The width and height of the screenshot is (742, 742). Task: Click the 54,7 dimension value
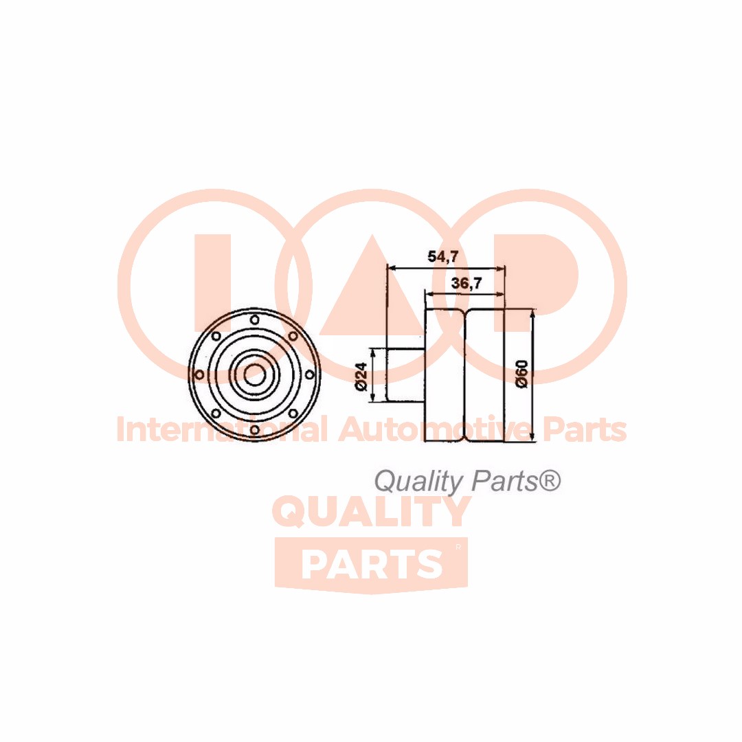coord(443,256)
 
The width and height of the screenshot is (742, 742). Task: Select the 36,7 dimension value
coord(466,283)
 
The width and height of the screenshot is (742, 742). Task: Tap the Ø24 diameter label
coord(361,376)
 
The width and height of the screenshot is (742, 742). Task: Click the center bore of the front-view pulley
coord(255,375)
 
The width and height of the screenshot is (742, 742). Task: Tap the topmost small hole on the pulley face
coord(255,320)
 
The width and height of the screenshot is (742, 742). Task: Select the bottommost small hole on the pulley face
coord(255,429)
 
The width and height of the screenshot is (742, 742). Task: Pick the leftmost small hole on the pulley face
coord(200,375)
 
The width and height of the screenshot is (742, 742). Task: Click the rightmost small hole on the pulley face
coord(309,375)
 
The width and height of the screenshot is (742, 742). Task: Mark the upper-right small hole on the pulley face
coord(293,336)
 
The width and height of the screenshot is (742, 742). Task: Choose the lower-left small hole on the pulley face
coord(216,414)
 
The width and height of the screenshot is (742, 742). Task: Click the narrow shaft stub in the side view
coord(406,375)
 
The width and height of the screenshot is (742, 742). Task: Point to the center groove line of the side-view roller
coord(466,375)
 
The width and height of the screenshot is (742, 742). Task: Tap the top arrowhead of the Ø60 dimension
coord(533,313)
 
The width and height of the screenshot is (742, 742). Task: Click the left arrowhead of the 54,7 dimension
coord(392,269)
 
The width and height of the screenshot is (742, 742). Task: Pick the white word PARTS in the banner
coord(372,564)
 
